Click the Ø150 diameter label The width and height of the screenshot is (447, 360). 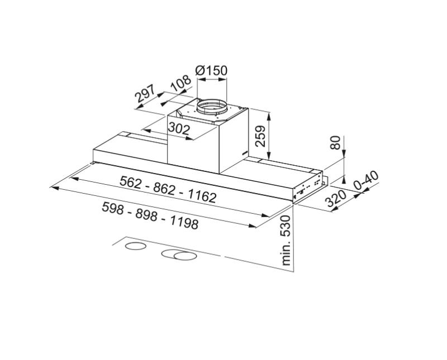(x=212, y=71)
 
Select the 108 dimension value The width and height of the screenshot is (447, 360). (x=180, y=84)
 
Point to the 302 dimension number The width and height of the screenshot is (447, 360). (x=179, y=129)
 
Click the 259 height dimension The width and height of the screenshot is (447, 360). (x=260, y=136)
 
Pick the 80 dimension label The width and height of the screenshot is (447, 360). (x=335, y=142)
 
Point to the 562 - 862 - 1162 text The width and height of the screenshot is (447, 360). (x=168, y=189)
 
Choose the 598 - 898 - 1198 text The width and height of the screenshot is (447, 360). (x=150, y=215)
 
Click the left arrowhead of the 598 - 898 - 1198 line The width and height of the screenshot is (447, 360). (x=54, y=188)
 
